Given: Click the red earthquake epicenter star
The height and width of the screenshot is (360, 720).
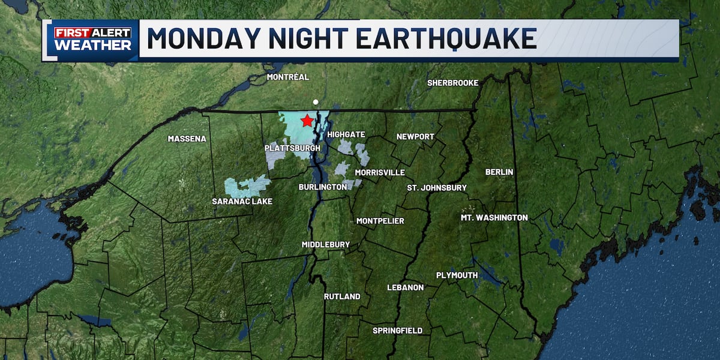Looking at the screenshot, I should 307,121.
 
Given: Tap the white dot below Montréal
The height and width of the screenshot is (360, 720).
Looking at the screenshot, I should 316,102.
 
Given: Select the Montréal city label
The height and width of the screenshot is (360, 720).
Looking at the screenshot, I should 288,77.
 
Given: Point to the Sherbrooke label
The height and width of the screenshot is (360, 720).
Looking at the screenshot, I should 452,83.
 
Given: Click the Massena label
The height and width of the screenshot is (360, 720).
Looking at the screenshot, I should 187,139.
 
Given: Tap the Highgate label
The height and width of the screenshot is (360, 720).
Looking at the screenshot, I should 346,134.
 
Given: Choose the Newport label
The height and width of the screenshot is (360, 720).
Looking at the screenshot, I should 415,137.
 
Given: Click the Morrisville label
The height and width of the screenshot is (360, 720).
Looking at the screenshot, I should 380,173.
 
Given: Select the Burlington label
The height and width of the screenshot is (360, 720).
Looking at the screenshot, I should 323,187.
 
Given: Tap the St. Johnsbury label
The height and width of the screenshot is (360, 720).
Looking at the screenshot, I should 437,188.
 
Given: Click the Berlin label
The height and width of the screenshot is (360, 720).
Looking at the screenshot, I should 499,172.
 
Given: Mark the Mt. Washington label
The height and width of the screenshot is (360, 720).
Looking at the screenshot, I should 494,218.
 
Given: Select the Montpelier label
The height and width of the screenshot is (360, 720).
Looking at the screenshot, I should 380,221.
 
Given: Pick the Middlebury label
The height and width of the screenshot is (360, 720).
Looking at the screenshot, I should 325,245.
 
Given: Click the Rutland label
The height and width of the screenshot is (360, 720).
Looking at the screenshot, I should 342,297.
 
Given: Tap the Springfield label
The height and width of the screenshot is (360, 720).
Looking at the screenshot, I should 397,331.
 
